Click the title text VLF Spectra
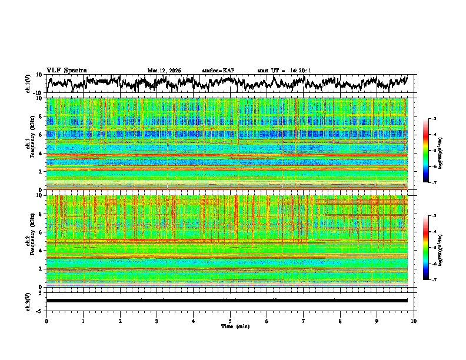click(66, 71)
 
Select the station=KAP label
click(218, 71)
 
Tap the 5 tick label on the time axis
click(230, 321)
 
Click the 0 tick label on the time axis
click(46, 321)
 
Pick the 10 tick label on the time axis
click(414, 321)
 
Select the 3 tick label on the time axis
click(157, 321)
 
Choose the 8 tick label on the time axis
click(340, 321)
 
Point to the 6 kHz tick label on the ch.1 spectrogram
click(41, 135)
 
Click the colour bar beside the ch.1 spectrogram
click(426, 151)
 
